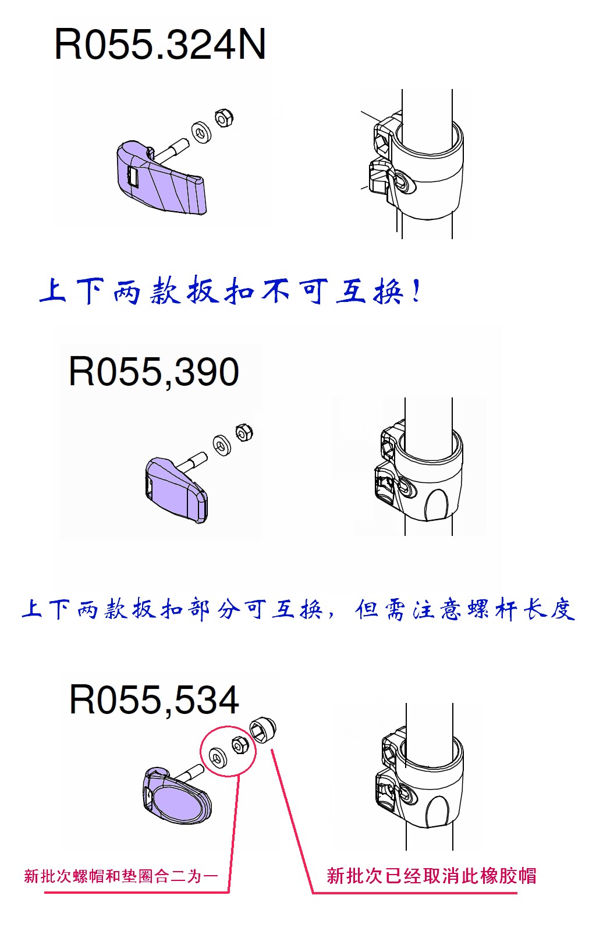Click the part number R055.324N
pyautogui.click(x=160, y=45)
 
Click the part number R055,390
pyautogui.click(x=154, y=372)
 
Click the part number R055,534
pyautogui.click(x=154, y=699)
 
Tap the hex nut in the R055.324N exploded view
pyautogui.click(x=223, y=118)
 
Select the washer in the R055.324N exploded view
pyautogui.click(x=201, y=132)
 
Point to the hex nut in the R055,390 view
pyautogui.click(x=244, y=433)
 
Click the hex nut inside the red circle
pyautogui.click(x=239, y=745)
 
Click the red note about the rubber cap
pyautogui.click(x=431, y=876)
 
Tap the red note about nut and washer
pyautogui.click(x=121, y=876)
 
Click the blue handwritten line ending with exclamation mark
pyautogui.click(x=230, y=292)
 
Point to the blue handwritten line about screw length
pyautogui.click(x=298, y=610)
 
